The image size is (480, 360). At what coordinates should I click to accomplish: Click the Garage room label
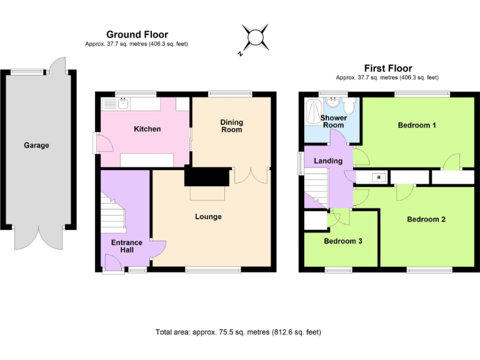pos(36,145)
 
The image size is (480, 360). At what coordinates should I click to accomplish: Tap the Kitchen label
pos(147,129)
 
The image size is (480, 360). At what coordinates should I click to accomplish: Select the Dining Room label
pos(231,126)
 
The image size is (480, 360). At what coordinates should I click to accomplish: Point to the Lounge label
pos(208,217)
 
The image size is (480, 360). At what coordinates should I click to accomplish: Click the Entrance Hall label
pos(127,246)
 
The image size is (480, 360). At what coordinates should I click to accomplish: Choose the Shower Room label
pos(333,121)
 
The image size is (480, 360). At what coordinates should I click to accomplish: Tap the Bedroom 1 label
pos(417,125)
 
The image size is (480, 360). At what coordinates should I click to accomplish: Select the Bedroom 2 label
pos(426,219)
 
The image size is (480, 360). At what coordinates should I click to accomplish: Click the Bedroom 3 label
pos(342,241)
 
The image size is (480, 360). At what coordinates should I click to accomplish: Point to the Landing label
pos(328,161)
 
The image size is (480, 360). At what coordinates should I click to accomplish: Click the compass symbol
pos(256,39)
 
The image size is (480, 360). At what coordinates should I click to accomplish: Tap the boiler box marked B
pos(377,177)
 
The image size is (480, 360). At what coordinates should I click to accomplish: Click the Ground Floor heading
pos(137,34)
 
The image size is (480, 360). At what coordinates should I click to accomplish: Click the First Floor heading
pos(388,68)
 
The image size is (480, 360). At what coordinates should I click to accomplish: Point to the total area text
pos(238,332)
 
